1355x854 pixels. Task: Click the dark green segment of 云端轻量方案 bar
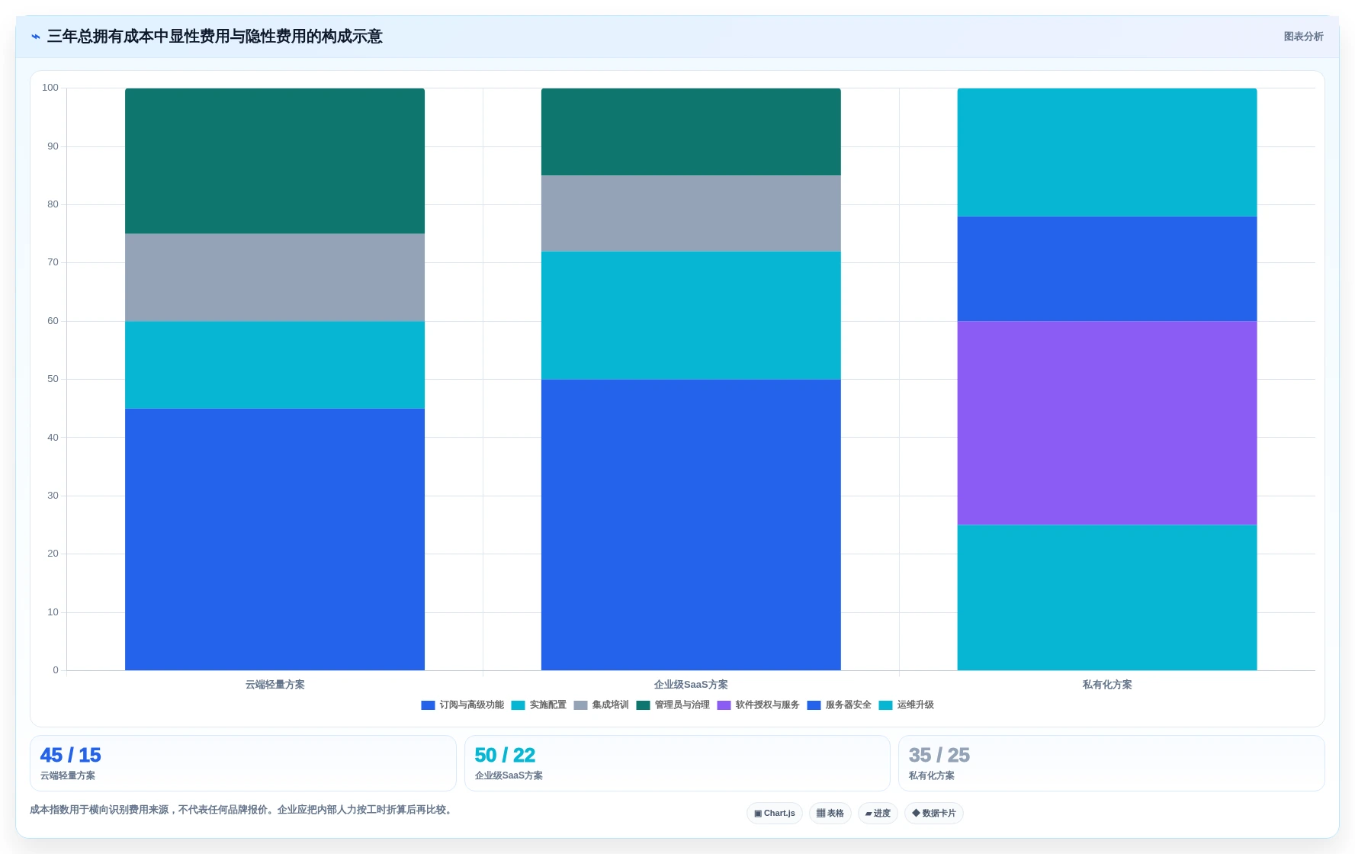[x=275, y=161]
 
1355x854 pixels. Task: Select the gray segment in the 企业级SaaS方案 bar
[x=691, y=213]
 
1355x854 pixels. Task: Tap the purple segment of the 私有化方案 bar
[x=1107, y=423]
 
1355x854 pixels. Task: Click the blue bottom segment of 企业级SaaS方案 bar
[x=691, y=525]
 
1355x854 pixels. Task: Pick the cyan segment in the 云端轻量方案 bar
[x=275, y=364]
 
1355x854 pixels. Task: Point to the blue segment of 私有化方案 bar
[x=1107, y=268]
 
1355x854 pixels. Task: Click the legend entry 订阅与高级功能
[x=463, y=705]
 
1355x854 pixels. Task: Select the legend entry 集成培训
[x=602, y=705]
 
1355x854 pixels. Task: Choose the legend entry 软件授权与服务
[x=759, y=705]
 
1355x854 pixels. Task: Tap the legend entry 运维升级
[x=907, y=705]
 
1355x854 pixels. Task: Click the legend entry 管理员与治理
[x=673, y=705]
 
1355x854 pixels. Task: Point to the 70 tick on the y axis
[x=53, y=262]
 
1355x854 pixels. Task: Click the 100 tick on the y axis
[x=50, y=88]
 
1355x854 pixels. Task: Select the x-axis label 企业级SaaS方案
[x=691, y=685]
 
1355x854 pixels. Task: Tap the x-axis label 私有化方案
[x=1107, y=685]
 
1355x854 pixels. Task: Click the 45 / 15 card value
[x=70, y=755]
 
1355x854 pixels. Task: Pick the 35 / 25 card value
[x=939, y=755]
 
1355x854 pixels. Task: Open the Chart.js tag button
[x=775, y=813]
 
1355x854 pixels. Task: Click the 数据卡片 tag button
[x=934, y=813]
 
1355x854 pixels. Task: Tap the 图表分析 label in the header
[x=1303, y=37]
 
